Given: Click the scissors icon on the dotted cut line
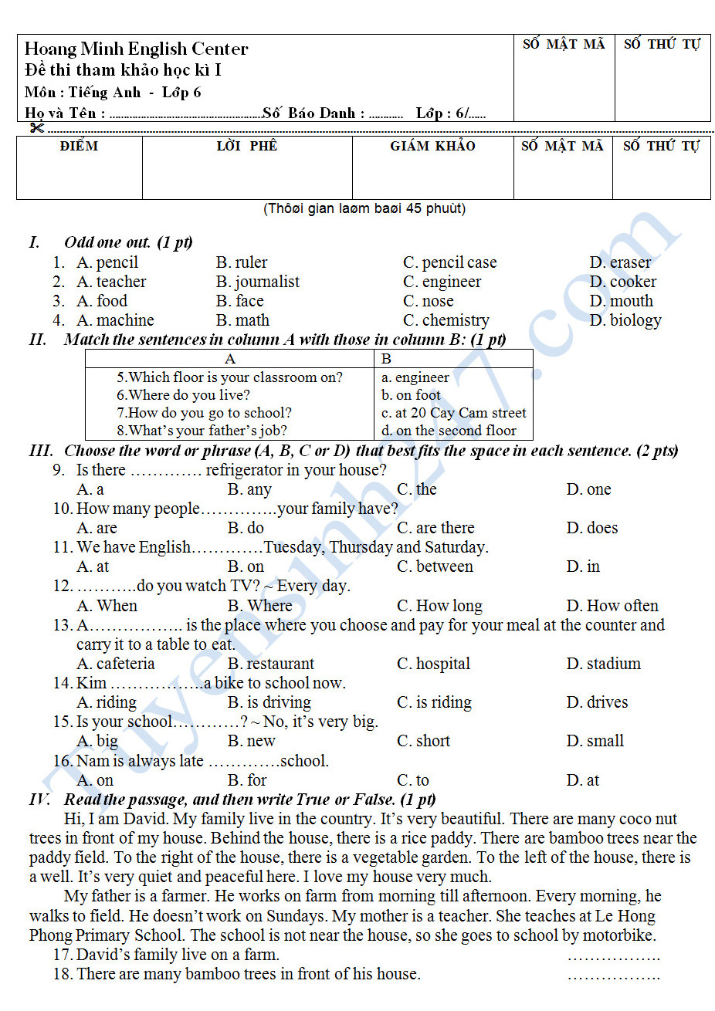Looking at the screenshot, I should click(36, 127).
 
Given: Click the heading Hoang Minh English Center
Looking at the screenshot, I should click(136, 49).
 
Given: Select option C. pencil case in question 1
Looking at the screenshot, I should click(449, 263).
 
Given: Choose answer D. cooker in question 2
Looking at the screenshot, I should click(622, 282).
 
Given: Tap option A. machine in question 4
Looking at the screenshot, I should click(115, 320).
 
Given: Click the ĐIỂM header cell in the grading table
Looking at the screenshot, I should click(79, 146).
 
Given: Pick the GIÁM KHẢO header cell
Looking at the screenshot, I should click(432, 146).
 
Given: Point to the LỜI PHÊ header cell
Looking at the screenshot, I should click(246, 146).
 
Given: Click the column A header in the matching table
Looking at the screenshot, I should click(229, 359).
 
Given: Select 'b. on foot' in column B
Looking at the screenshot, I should click(411, 395).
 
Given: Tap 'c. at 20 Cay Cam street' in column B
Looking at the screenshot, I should click(453, 413).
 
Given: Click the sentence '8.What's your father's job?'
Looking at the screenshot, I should click(202, 431).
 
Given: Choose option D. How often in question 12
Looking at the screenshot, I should click(612, 606).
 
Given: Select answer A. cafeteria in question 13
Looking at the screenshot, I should click(115, 664).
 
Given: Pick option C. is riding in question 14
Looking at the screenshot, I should click(434, 702).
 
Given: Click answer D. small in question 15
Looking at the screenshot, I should click(595, 741).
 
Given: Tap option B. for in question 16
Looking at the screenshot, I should click(247, 780).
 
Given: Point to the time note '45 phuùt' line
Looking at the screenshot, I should click(364, 208).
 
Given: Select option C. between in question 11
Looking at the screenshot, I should click(435, 566).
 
